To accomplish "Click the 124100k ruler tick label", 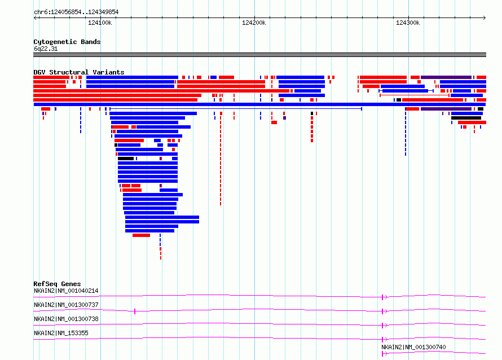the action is point(100,23).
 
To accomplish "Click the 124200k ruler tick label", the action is point(254,23).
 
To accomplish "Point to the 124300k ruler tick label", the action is point(408,23).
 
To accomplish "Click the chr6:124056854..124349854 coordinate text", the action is point(76,12).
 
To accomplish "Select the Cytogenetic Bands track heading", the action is point(67,42).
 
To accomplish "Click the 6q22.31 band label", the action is point(46,49).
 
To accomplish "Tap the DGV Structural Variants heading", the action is point(79,72).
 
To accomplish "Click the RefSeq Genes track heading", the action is point(57,284).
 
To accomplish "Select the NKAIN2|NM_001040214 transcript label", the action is point(66,291).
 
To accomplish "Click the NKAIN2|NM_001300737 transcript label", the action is point(66,305).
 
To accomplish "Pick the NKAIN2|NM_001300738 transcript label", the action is point(66,319).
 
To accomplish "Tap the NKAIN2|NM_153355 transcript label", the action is point(61,333).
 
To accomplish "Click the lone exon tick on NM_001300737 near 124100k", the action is point(135,311).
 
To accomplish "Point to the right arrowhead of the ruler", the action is point(485,18).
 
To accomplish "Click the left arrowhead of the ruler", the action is point(35,18).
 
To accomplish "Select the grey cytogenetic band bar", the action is point(259,55).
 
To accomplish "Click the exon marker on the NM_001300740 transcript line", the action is point(382,354).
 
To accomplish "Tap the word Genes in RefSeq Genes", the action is point(71,284).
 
